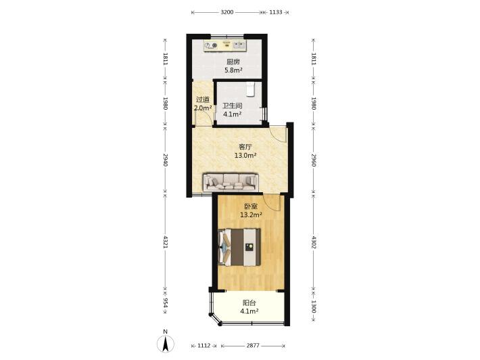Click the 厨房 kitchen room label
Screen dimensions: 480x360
click(x=233, y=62)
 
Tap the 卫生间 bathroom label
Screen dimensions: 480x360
click(x=232, y=106)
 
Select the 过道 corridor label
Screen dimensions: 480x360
click(x=203, y=99)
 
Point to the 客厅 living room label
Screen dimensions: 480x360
click(x=245, y=147)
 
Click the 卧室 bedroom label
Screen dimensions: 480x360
click(x=251, y=206)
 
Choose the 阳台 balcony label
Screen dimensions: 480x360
click(x=249, y=303)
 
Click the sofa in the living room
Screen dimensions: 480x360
click(x=231, y=182)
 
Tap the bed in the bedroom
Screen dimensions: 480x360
click(x=239, y=247)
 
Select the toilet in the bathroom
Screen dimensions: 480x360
click(x=251, y=89)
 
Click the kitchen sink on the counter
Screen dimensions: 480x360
click(x=239, y=45)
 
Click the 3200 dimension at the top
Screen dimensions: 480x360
click(x=227, y=12)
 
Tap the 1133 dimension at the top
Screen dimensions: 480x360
click(x=276, y=12)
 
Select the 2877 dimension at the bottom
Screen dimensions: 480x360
click(x=253, y=346)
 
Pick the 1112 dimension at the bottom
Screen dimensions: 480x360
click(x=204, y=346)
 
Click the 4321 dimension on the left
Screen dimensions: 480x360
click(x=166, y=242)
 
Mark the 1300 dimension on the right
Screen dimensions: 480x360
click(x=314, y=306)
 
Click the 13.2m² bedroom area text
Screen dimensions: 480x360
click(x=251, y=215)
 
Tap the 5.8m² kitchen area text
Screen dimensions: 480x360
click(x=233, y=70)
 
